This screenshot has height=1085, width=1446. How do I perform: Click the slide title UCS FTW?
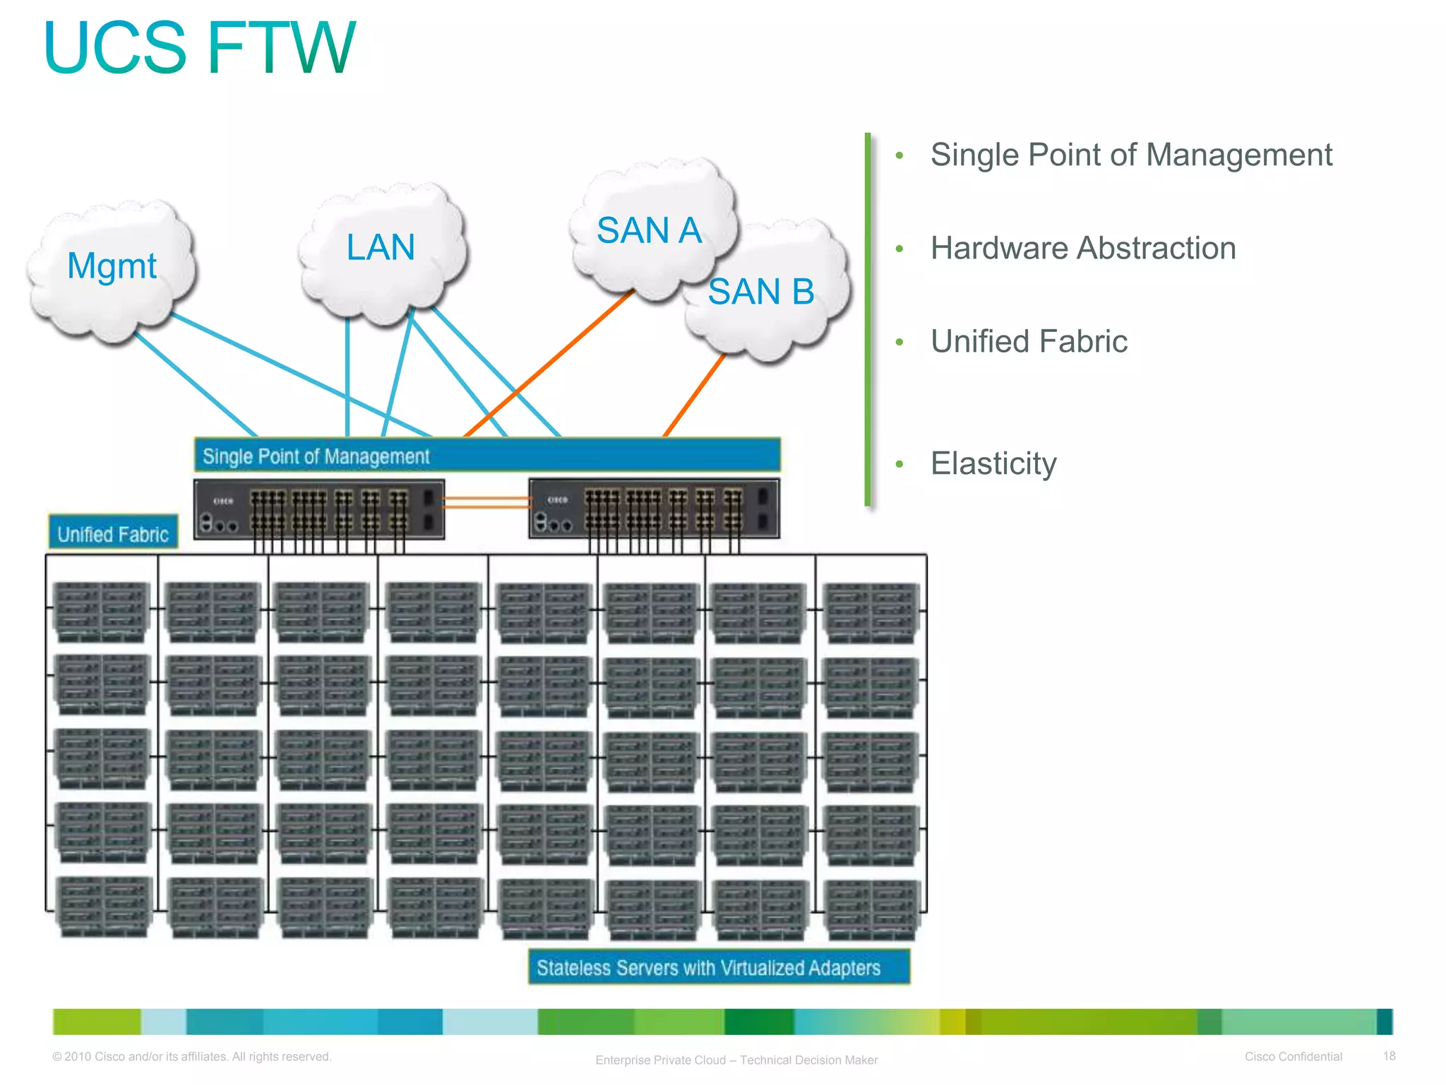pyautogui.click(x=199, y=47)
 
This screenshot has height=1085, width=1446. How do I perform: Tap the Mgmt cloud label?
pyautogui.click(x=112, y=266)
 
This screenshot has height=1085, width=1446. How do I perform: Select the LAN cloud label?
pyautogui.click(x=381, y=247)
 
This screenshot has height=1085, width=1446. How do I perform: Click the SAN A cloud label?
pyautogui.click(x=649, y=230)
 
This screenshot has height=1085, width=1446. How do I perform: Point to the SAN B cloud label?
pyautogui.click(x=761, y=292)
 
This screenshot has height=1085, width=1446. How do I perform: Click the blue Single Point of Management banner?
pyautogui.click(x=487, y=456)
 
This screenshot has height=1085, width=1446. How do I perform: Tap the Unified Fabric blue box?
pyautogui.click(x=113, y=533)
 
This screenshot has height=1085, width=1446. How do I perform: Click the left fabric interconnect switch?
pyautogui.click(x=319, y=509)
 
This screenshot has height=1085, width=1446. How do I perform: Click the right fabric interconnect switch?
pyautogui.click(x=654, y=509)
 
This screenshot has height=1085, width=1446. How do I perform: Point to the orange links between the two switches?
pyautogui.click(x=486, y=502)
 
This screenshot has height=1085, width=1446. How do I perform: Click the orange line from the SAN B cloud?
pyautogui.click(x=694, y=396)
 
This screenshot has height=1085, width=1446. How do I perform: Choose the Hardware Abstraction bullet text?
pyautogui.click(x=1083, y=249)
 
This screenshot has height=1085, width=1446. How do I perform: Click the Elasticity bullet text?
pyautogui.click(x=993, y=464)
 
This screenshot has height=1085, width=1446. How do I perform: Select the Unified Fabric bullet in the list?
pyautogui.click(x=1029, y=342)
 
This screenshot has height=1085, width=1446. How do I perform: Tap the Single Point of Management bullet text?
pyautogui.click(x=1131, y=155)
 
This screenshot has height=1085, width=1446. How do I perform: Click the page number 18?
pyautogui.click(x=1389, y=1056)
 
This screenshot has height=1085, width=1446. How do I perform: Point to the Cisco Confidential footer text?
pyautogui.click(x=1293, y=1057)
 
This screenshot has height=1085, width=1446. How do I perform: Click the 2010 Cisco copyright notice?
pyautogui.click(x=191, y=1057)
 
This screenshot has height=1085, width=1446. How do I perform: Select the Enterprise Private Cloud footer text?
pyautogui.click(x=736, y=1060)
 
